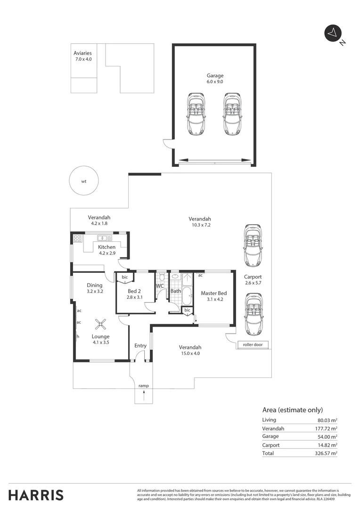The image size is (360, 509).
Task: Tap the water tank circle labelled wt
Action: pos(84,181)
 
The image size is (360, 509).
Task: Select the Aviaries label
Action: pos(82,53)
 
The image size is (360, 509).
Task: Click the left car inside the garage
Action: pos(196,114)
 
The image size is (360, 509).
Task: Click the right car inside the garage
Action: pos(232,114)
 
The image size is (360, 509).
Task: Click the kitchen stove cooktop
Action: pos(77,238)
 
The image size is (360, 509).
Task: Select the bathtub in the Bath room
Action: pos(186,296)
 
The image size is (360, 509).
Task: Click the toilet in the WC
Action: pos(161,277)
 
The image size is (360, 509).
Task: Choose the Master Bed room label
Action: pos(214,293)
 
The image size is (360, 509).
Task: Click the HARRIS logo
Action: pos(36,495)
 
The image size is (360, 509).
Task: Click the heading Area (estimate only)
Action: pos(292,410)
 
